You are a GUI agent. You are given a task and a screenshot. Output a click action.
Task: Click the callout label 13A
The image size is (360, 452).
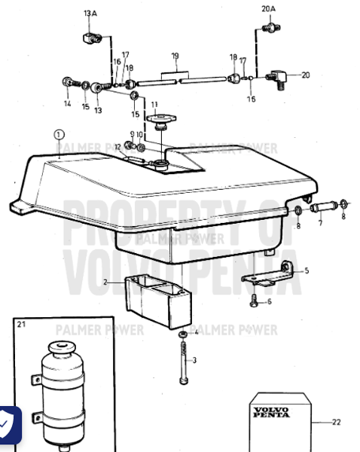[x=90, y=14]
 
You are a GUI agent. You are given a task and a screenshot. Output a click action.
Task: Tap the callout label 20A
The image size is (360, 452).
[x=269, y=8]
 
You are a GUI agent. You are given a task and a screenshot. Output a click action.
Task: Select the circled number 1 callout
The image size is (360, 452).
[x=59, y=135]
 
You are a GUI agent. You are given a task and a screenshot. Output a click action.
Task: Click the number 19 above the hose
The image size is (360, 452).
[x=175, y=56]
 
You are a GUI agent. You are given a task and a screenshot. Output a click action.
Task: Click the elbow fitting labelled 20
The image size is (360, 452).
[x=276, y=76]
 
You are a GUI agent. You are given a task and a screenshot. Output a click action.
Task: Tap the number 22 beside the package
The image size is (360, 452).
[x=336, y=422]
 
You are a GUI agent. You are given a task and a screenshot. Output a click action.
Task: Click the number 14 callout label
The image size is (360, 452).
[x=67, y=103]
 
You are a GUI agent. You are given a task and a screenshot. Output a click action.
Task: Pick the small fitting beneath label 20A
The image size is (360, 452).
[x=267, y=28]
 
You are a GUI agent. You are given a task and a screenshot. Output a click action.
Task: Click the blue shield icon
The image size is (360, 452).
[x=8, y=424]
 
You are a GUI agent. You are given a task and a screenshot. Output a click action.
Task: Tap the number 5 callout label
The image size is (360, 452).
[x=306, y=270]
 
